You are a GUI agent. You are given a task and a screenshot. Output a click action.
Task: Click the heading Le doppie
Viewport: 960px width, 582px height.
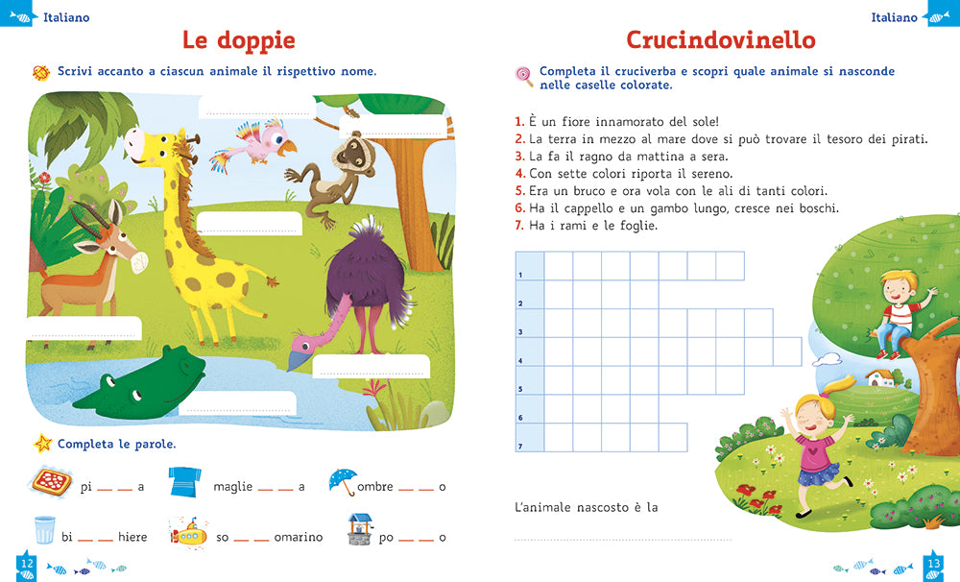[238, 40]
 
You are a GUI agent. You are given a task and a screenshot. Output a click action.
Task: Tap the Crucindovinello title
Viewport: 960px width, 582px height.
[720, 40]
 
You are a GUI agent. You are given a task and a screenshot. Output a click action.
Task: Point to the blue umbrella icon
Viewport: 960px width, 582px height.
[343, 480]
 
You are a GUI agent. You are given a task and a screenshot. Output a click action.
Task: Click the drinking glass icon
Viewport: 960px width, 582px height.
[44, 530]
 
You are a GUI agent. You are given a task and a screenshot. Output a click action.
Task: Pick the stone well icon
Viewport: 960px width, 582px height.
[360, 529]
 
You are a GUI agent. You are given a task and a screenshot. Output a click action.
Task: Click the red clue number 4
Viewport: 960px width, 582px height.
[519, 174]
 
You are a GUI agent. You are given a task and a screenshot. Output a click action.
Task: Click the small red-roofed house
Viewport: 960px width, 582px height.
[878, 376]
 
